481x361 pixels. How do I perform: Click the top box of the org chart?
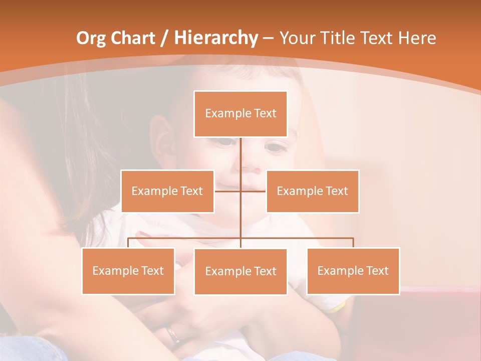[x=241, y=114]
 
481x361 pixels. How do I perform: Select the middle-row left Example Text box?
[x=167, y=191]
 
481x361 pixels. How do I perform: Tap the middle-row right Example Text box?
[x=312, y=191]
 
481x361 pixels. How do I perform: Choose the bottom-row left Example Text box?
[x=128, y=271]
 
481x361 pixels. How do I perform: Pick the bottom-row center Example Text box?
[x=241, y=271]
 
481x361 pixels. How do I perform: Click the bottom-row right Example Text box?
[x=353, y=271]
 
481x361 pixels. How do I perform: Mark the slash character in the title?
[x=164, y=38]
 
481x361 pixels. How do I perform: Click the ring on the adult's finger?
[x=173, y=334]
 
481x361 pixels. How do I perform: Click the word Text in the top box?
[x=265, y=114]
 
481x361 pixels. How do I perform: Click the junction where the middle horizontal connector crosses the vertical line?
[x=241, y=191]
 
